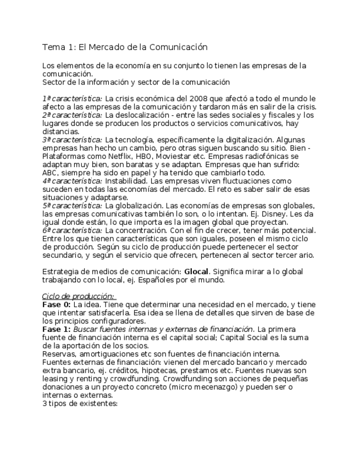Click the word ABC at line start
click(x=50, y=173)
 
